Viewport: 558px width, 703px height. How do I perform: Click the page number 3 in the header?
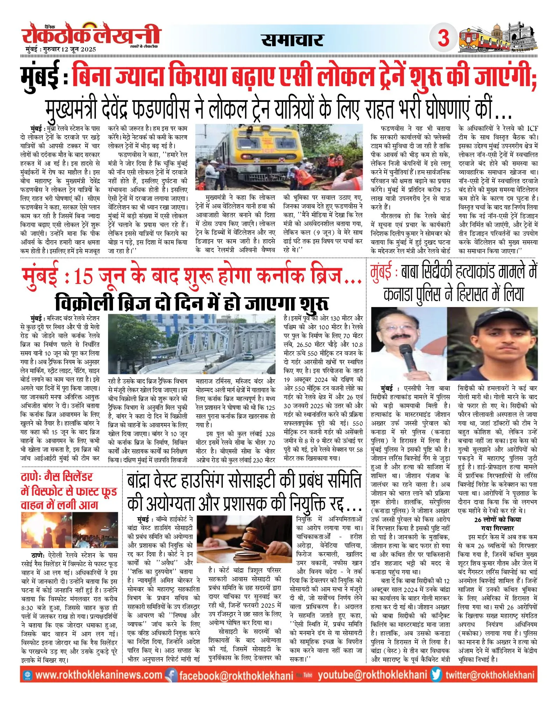(x=443, y=37)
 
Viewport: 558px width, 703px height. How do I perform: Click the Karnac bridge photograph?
(x=192, y=344)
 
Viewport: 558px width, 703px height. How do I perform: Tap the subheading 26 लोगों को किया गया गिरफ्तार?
(x=497, y=524)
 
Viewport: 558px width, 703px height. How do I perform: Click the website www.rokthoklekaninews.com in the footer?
(x=99, y=675)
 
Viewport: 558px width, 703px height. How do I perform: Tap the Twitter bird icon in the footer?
(x=436, y=675)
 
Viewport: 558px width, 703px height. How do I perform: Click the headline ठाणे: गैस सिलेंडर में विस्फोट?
(x=69, y=491)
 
